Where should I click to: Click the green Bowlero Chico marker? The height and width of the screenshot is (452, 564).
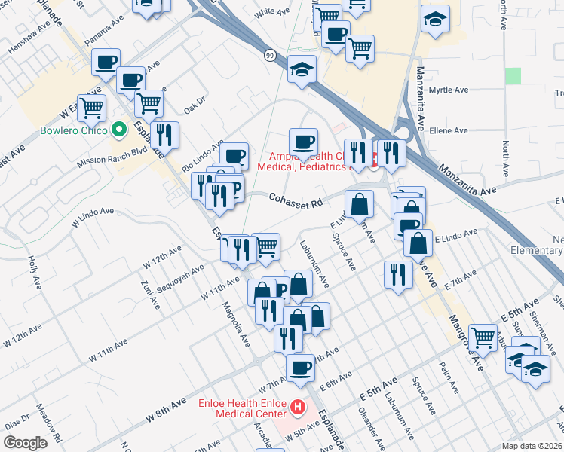point(118,130)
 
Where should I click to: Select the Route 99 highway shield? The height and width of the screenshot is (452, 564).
point(269,55)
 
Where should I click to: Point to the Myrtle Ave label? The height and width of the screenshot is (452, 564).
point(448,90)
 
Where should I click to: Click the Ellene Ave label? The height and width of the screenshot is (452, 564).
point(448,130)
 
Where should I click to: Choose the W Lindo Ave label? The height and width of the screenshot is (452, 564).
point(92,217)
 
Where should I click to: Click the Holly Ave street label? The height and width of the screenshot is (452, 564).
point(33,264)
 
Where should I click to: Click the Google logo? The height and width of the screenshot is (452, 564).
point(24,443)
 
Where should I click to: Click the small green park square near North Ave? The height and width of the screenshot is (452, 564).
point(513,75)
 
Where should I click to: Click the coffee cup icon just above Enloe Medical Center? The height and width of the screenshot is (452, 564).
point(300,368)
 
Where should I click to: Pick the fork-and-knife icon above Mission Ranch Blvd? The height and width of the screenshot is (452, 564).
point(164,136)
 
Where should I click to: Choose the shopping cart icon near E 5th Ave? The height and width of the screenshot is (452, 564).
point(483,337)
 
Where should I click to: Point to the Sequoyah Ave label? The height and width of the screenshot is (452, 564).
point(181,278)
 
